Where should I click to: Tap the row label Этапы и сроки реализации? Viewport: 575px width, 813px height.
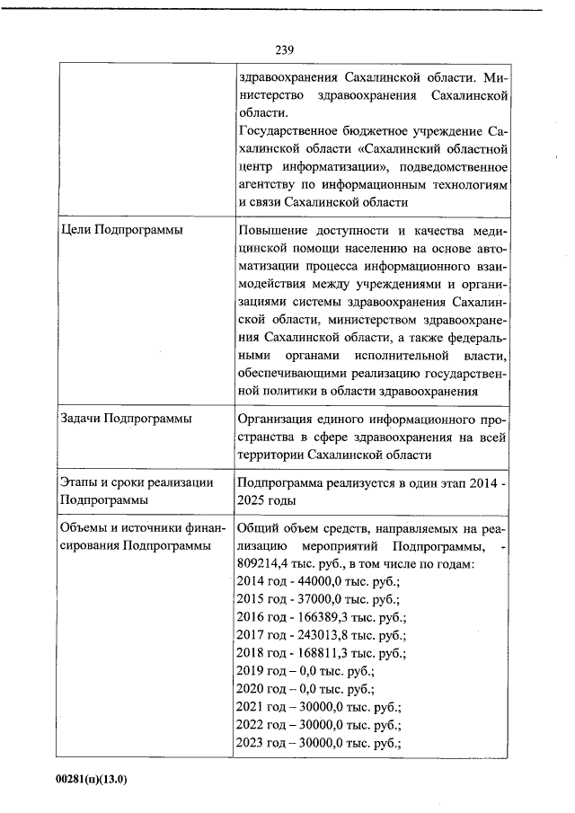pos(136,482)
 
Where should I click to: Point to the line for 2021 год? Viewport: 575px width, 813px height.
pos(318,707)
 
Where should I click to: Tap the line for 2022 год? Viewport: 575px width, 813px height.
pos(318,725)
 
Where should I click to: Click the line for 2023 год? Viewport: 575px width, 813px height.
pos(318,743)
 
